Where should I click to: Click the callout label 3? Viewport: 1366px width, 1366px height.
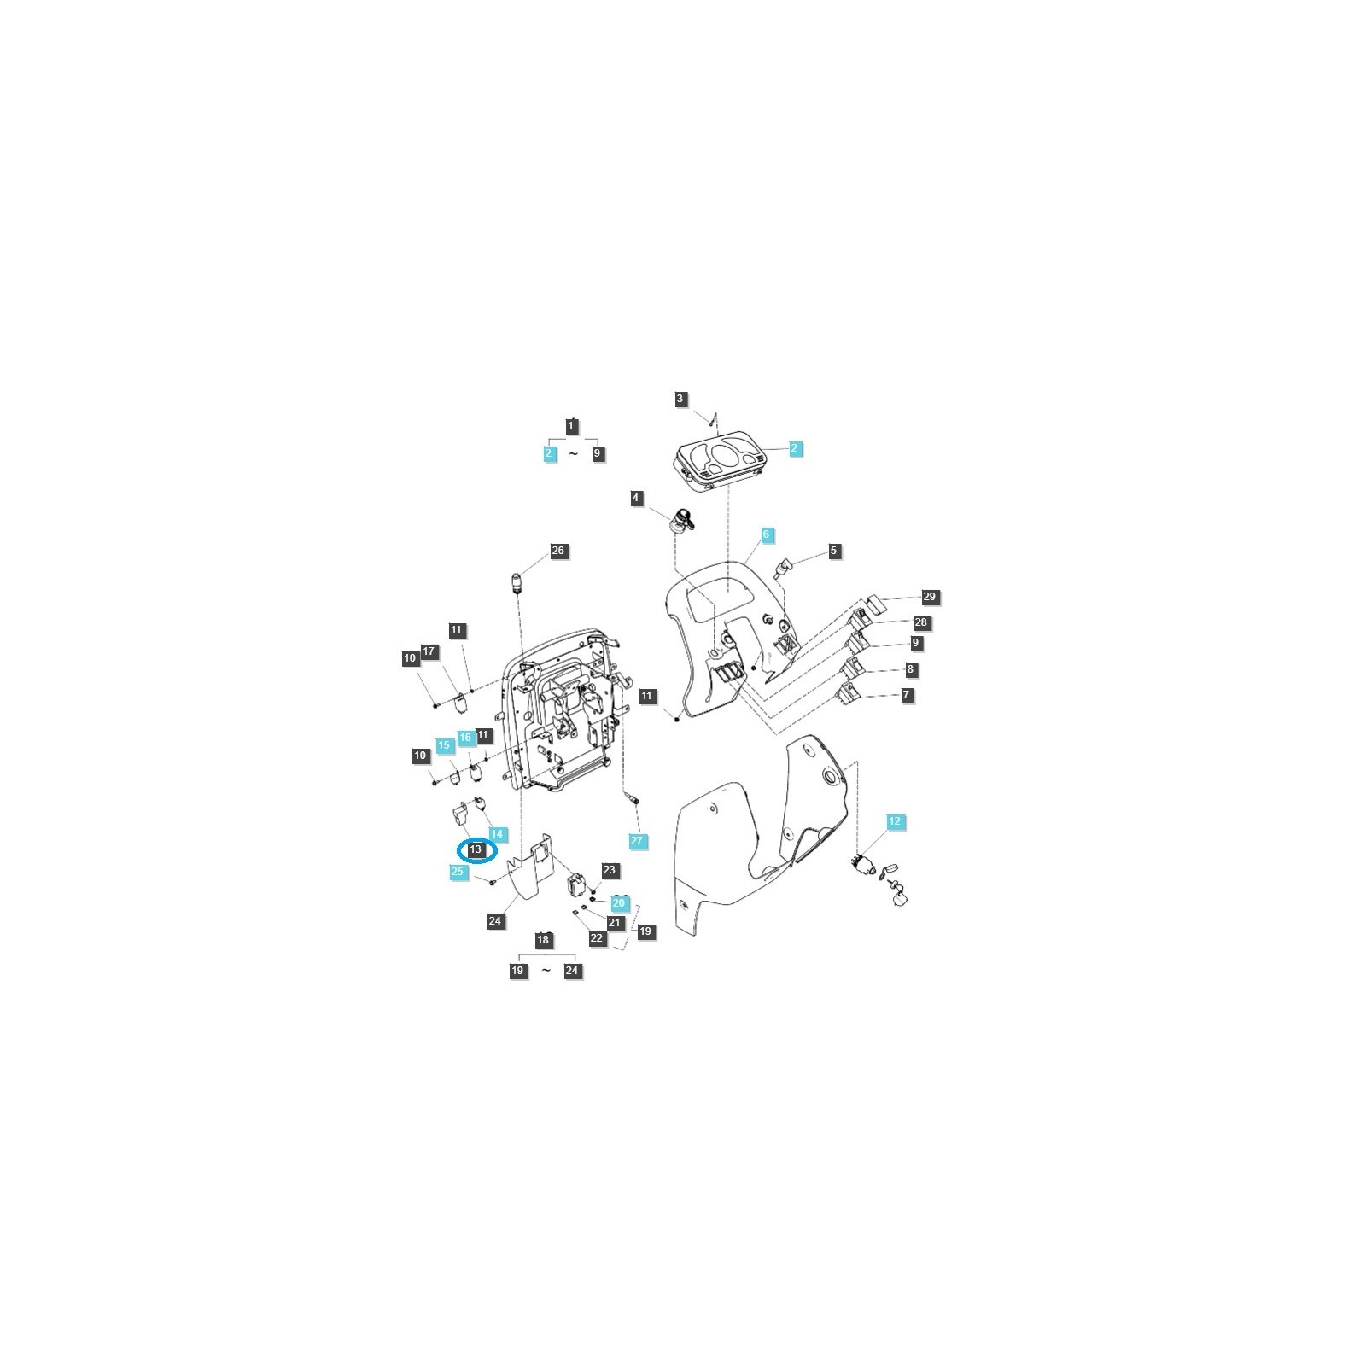point(680,399)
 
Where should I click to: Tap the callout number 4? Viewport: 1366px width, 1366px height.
point(635,498)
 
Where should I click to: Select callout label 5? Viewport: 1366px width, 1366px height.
point(834,551)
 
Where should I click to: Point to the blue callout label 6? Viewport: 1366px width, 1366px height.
point(766,534)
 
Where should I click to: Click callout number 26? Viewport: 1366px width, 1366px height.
point(558,551)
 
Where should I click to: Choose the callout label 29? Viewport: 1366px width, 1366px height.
point(930,597)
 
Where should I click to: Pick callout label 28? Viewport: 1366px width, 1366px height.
point(921,622)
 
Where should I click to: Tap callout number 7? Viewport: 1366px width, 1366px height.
point(907,695)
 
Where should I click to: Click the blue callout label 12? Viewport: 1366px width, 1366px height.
point(895,821)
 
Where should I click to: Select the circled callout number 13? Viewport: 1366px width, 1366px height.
point(476,849)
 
